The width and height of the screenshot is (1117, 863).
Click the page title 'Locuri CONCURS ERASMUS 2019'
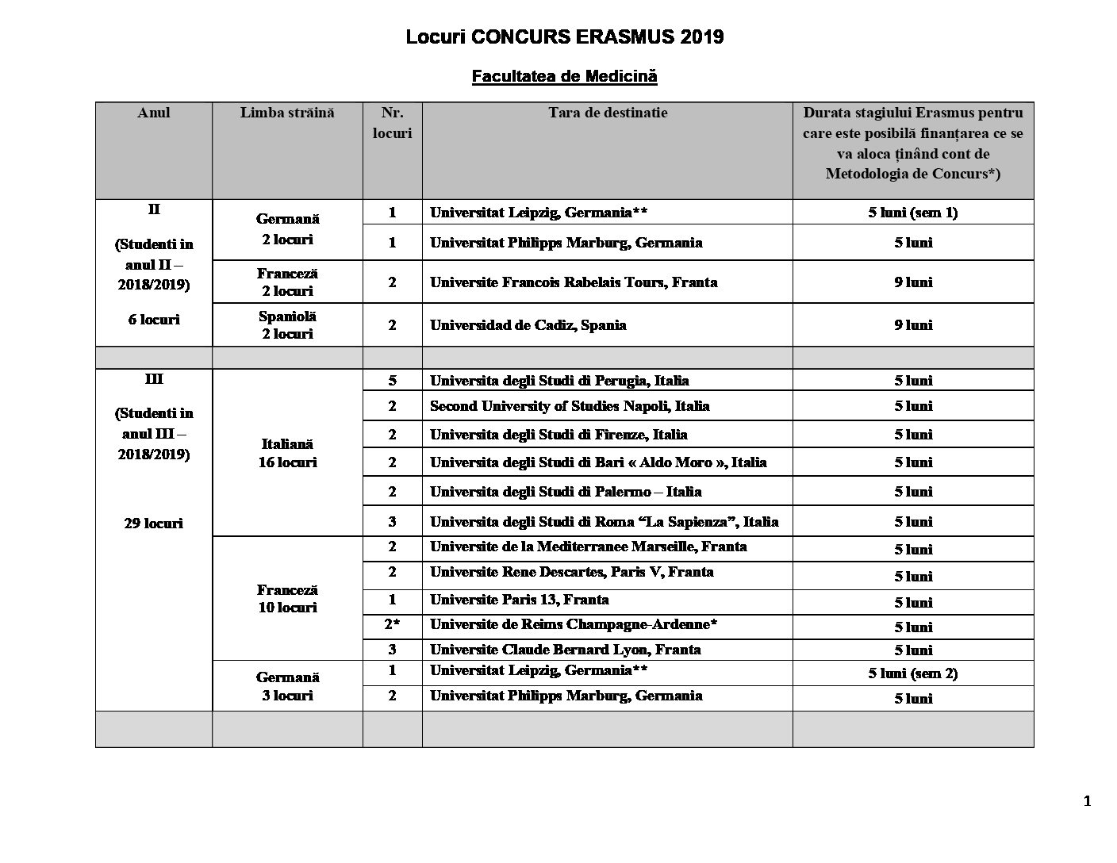(564, 37)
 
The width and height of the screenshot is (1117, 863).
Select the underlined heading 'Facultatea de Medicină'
(564, 76)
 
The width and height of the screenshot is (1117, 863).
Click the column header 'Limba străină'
(287, 113)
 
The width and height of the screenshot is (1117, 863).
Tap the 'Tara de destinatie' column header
(607, 113)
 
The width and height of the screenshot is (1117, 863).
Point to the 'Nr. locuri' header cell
(392, 123)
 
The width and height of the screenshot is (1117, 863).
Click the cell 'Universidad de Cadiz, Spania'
(528, 324)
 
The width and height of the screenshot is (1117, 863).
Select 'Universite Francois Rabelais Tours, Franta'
(573, 282)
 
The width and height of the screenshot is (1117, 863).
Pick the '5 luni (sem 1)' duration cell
(912, 213)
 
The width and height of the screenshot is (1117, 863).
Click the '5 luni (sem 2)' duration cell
(912, 673)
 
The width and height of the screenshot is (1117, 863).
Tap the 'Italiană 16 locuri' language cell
(287, 453)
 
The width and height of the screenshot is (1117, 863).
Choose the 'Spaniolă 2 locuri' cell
(287, 324)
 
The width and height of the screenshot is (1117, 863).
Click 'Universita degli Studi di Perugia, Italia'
(558, 380)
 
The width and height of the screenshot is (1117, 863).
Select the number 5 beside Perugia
(392, 380)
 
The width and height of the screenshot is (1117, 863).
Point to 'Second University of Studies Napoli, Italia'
(569, 405)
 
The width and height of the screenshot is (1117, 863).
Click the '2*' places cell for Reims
(392, 624)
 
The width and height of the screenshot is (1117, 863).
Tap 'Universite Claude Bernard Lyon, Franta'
(565, 650)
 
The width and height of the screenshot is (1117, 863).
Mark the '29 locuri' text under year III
(153, 523)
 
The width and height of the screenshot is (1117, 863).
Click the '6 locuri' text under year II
(153, 320)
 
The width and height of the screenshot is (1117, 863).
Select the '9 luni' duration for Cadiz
(912, 324)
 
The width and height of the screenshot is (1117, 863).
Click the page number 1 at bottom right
(1087, 801)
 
